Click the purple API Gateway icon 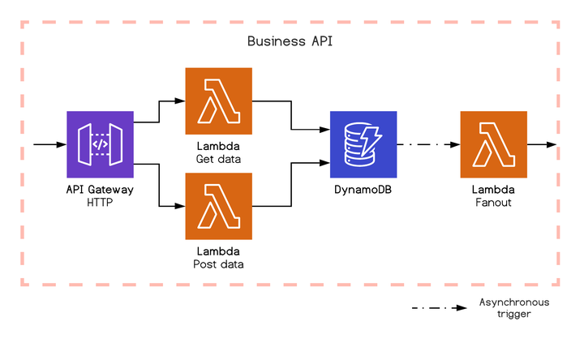point(100,144)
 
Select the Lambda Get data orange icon point(219,101)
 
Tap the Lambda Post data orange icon point(219,207)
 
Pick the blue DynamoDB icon point(363,144)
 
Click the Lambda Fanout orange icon point(493,144)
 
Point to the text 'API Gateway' point(100,190)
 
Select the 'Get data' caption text point(219,158)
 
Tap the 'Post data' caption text point(219,264)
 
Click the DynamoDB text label point(363,190)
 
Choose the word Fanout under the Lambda point(493,202)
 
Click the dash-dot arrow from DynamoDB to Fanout point(428,144)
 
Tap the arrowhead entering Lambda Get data point(180,101)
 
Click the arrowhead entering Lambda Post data point(180,207)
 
